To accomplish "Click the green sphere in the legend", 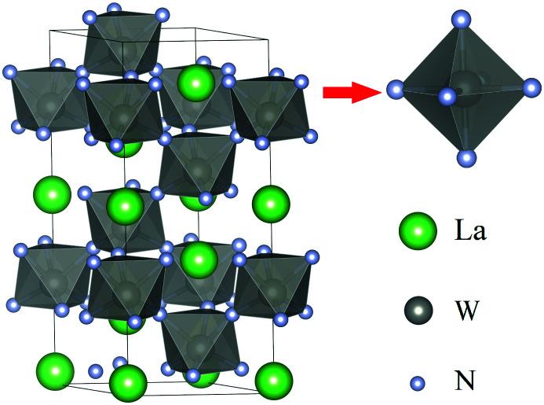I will pos(418,231).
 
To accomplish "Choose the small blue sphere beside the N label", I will pos(419,384).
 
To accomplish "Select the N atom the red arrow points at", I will pos(394,90).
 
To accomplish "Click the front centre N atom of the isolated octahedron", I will pos(447,98).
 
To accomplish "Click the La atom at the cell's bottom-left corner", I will pos(56,370).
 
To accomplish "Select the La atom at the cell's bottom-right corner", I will pos(273,378).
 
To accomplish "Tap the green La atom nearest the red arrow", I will pos(196,81).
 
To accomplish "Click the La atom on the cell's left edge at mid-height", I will pos(52,193).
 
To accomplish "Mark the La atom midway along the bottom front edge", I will pos(128,383).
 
